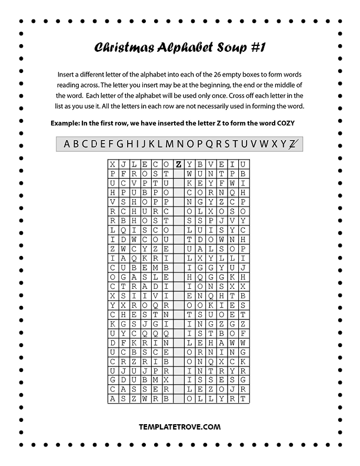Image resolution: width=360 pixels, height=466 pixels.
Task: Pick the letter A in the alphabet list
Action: [67, 144]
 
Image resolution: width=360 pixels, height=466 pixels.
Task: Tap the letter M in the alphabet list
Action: [169, 144]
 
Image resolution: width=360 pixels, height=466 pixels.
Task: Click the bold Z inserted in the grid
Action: [179, 164]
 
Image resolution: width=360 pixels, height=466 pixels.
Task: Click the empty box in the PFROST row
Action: [179, 174]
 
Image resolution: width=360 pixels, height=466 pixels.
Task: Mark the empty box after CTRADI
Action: [179, 286]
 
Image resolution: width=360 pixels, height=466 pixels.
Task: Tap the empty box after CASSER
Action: [179, 389]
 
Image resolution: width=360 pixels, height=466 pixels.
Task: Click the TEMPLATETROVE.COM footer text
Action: [180, 427]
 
